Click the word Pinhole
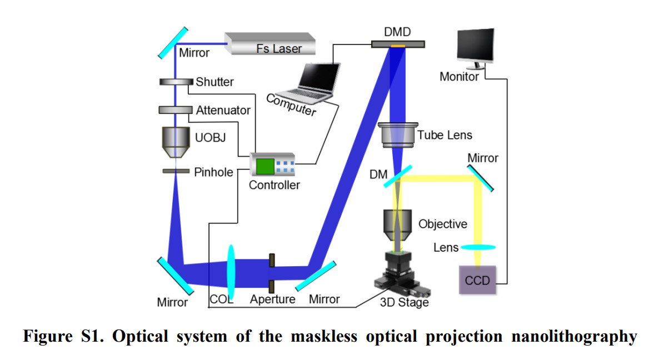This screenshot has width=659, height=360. point(214,172)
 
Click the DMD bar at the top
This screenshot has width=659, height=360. point(397,44)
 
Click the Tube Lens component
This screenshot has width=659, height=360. point(397,135)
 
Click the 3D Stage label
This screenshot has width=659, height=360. point(404,303)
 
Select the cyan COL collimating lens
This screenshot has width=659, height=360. point(231,272)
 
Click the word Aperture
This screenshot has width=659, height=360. point(272,299)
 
